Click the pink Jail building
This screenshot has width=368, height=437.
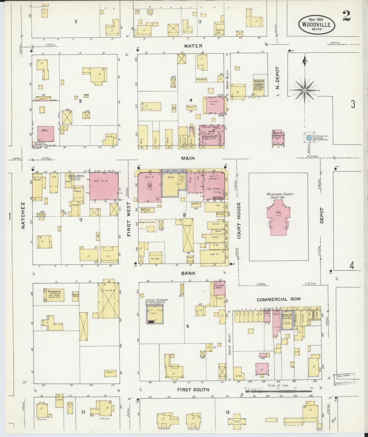46,133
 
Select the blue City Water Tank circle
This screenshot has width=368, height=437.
309,138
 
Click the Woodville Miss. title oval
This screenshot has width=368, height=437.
317,24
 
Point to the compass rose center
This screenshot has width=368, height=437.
305,91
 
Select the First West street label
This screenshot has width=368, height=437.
129,220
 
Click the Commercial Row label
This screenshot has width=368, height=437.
279,299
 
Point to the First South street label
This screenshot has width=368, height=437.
193,390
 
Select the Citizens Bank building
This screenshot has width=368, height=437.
219,288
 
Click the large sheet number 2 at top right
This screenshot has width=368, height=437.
347,16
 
